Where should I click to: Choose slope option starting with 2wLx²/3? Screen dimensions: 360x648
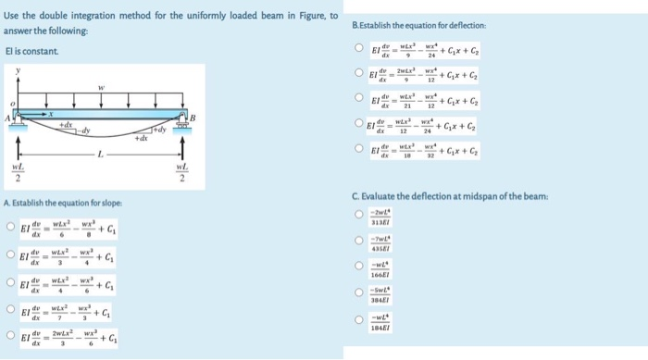click(x=9, y=339)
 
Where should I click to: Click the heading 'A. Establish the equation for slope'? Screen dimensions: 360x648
click(x=63, y=203)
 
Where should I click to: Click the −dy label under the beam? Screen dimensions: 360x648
click(x=84, y=131)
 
